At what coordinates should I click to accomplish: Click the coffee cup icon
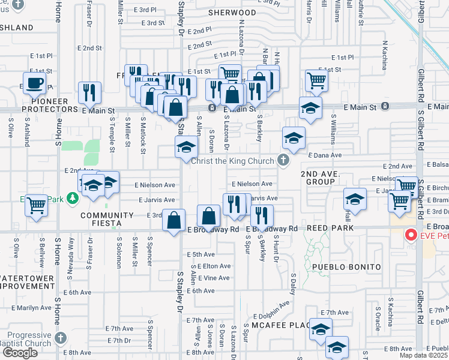[35, 83]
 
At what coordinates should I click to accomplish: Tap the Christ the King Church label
[234, 160]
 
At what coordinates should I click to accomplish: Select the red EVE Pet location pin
[411, 235]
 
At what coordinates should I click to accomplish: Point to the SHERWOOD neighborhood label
[232, 12]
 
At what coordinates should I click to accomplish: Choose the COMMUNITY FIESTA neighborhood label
[107, 219]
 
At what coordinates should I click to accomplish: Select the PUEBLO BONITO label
[346, 266]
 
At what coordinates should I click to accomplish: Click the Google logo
[20, 353]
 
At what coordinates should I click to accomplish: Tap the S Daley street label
[294, 284]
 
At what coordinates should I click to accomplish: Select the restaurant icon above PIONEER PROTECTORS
[89, 93]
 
